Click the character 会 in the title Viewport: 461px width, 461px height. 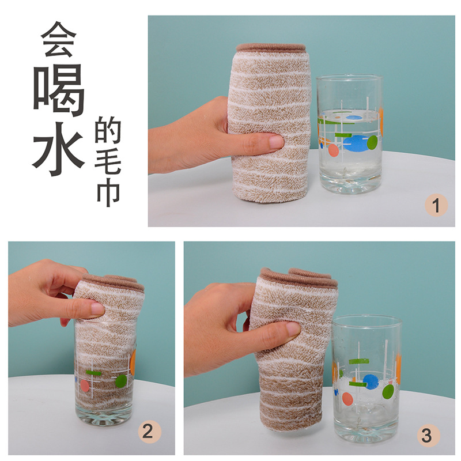click(x=59, y=39)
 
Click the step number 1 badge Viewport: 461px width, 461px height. click(x=436, y=206)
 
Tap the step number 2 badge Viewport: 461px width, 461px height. click(x=148, y=432)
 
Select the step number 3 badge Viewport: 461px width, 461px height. click(x=426, y=435)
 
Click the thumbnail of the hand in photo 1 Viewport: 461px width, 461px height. click(x=275, y=141)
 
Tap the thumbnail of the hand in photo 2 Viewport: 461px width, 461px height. click(x=97, y=309)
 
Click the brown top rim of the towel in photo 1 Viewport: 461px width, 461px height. click(x=271, y=47)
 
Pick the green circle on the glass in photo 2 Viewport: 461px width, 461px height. click(x=120, y=381)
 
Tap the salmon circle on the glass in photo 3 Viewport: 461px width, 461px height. click(x=347, y=398)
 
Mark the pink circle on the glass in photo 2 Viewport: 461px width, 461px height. click(x=85, y=386)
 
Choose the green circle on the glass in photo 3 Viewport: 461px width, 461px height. click(x=388, y=392)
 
